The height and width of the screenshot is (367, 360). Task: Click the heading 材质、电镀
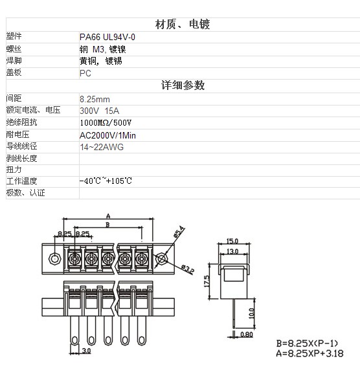(183, 25)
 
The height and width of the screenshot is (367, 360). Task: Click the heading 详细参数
(183, 85)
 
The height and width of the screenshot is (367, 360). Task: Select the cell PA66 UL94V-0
(107, 37)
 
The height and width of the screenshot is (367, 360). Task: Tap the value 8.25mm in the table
(95, 99)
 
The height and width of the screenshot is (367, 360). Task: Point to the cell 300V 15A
(100, 111)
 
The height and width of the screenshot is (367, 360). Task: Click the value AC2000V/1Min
(107, 135)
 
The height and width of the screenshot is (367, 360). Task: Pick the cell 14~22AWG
(102, 147)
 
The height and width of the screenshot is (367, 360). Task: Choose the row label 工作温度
(21, 181)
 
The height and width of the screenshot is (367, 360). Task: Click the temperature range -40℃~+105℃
(106, 181)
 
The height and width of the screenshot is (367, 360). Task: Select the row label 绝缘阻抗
(21, 122)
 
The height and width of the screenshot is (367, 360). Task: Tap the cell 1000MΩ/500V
(106, 122)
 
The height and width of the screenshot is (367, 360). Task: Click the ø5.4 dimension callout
(179, 232)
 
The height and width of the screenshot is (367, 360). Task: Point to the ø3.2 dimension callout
(188, 269)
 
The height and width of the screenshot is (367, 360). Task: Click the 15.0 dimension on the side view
(232, 241)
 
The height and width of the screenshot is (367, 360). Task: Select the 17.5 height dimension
(207, 281)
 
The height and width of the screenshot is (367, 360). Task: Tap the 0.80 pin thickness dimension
(247, 335)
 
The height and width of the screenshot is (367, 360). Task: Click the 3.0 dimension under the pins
(86, 351)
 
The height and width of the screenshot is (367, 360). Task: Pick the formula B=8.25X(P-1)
(307, 343)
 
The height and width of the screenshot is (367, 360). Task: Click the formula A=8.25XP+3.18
(309, 353)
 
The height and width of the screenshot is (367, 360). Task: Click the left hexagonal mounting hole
(55, 259)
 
